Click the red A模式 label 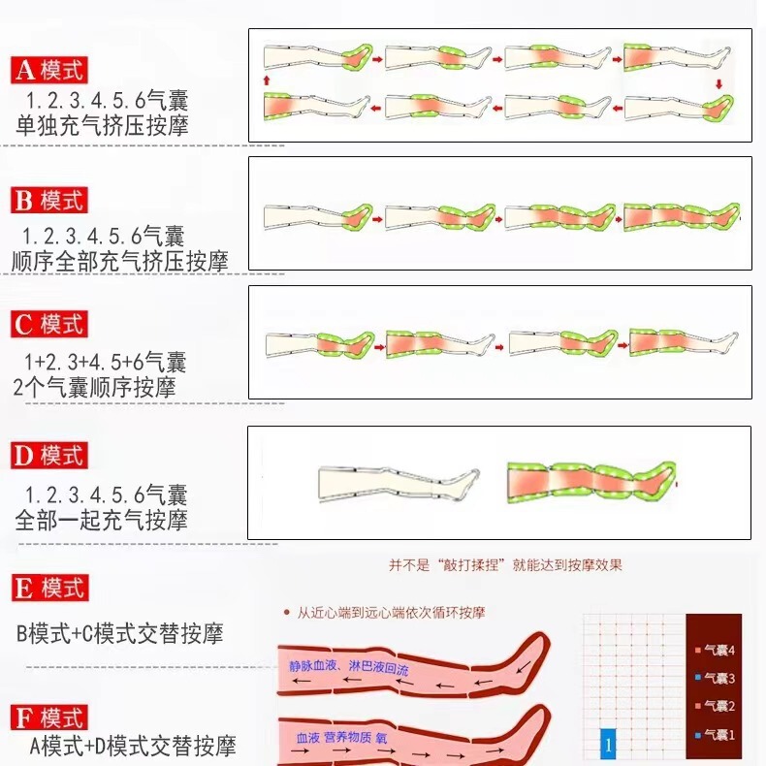click(x=50, y=70)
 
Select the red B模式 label click(x=50, y=201)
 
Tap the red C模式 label click(x=50, y=324)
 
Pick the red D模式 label click(x=50, y=455)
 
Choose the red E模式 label click(x=50, y=588)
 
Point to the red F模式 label click(x=50, y=718)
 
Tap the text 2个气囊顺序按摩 click(x=96, y=387)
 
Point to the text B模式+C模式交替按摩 click(x=120, y=635)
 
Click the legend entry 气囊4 click(x=717, y=650)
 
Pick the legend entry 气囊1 click(x=717, y=734)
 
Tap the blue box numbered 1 click(x=608, y=745)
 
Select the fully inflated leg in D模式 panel click(x=590, y=481)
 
